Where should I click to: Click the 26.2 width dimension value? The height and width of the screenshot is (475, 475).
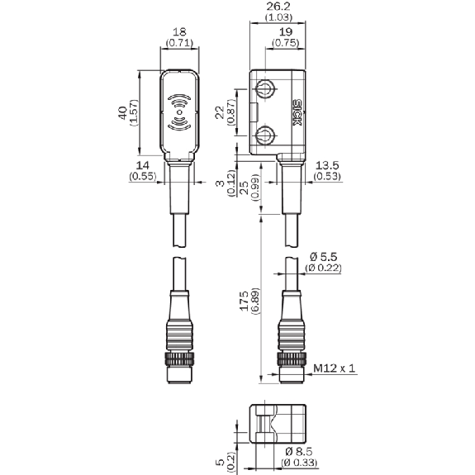click(x=278, y=7)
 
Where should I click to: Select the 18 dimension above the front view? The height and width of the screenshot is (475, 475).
click(x=179, y=32)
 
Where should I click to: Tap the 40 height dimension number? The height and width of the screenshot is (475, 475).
click(x=123, y=112)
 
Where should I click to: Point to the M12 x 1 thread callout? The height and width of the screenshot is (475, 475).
click(x=334, y=368)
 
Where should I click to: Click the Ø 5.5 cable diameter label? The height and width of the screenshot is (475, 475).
click(x=324, y=257)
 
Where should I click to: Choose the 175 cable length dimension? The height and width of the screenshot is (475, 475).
click(x=244, y=302)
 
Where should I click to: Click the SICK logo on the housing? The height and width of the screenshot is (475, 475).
click(x=297, y=112)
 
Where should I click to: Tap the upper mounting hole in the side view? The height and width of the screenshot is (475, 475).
click(x=266, y=88)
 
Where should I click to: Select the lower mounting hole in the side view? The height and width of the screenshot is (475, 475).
click(x=266, y=135)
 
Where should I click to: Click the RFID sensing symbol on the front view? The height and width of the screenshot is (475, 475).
click(x=179, y=112)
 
